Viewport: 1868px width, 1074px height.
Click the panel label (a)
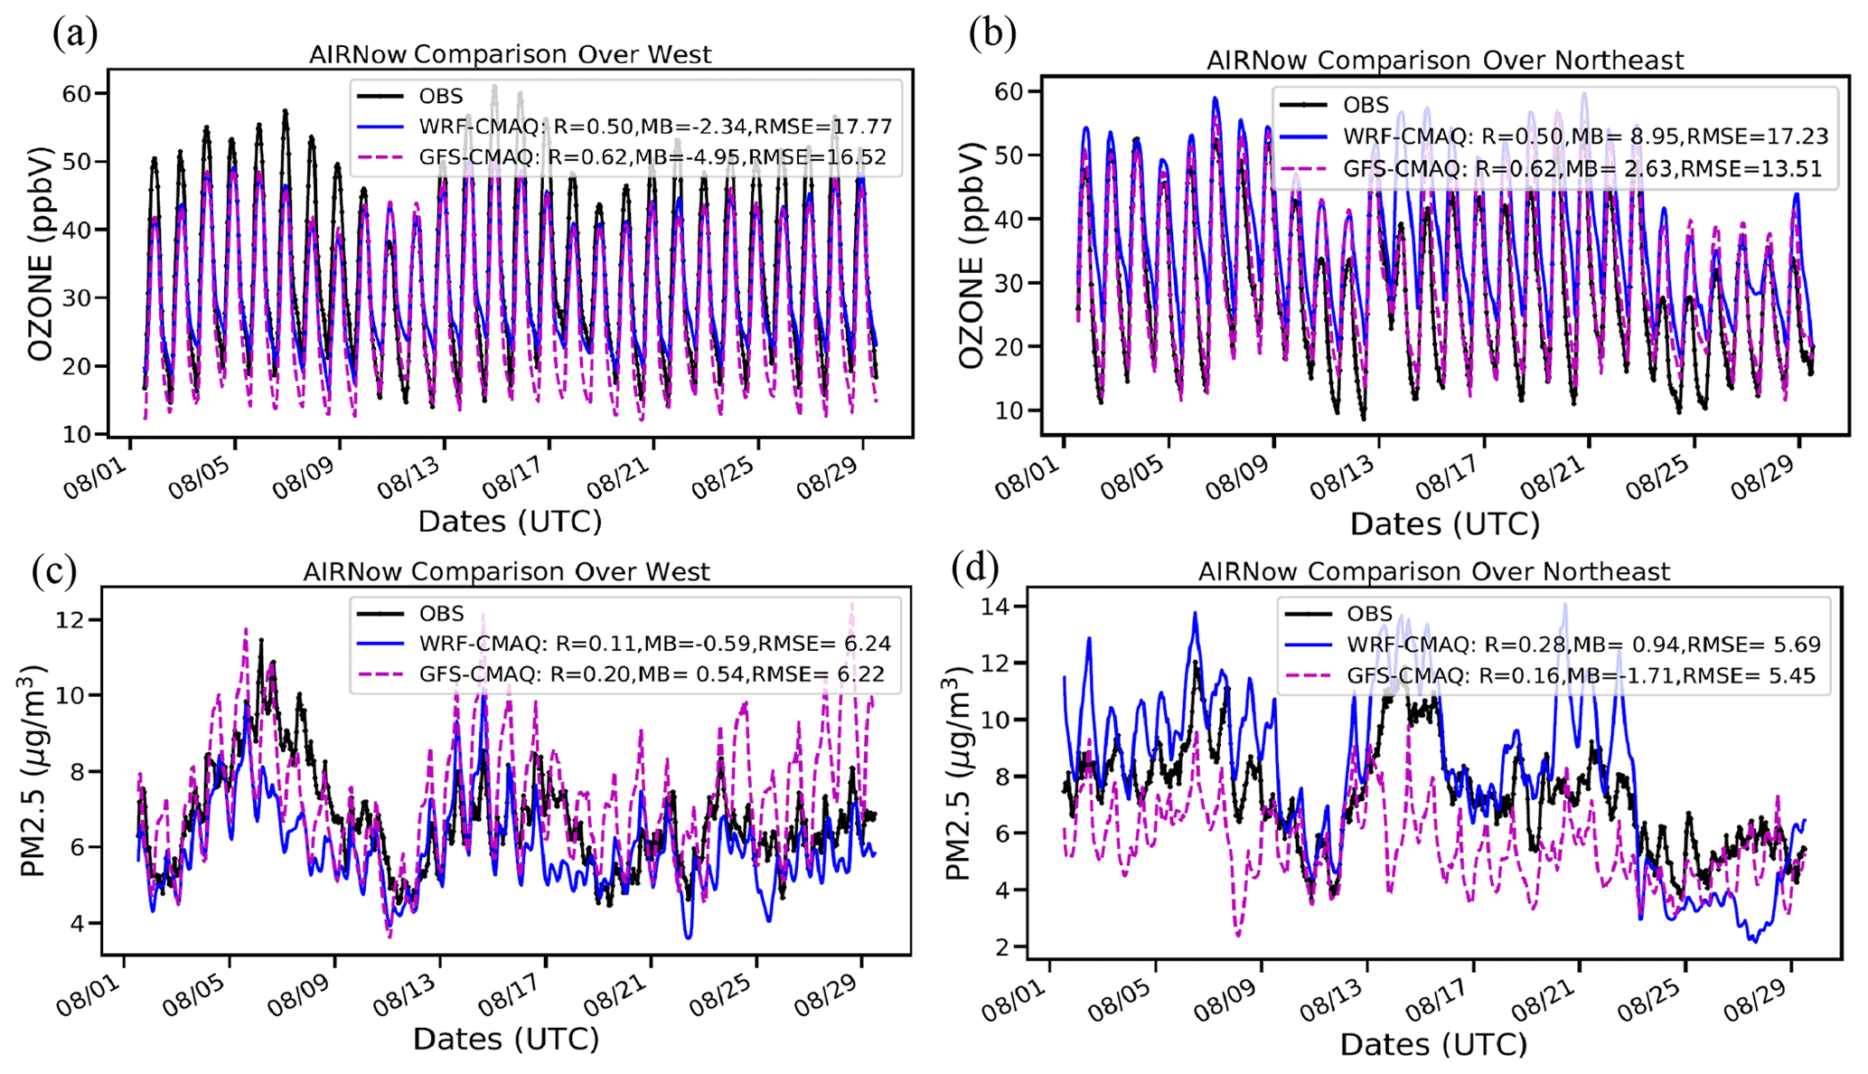[75, 33]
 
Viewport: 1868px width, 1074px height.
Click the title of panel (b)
[1444, 61]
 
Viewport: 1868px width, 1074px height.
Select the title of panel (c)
[506, 572]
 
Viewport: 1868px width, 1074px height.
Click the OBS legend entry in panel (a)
[441, 96]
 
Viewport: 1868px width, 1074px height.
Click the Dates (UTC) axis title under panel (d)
[1433, 1044]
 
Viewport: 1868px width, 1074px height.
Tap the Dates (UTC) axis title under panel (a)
[509, 522]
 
